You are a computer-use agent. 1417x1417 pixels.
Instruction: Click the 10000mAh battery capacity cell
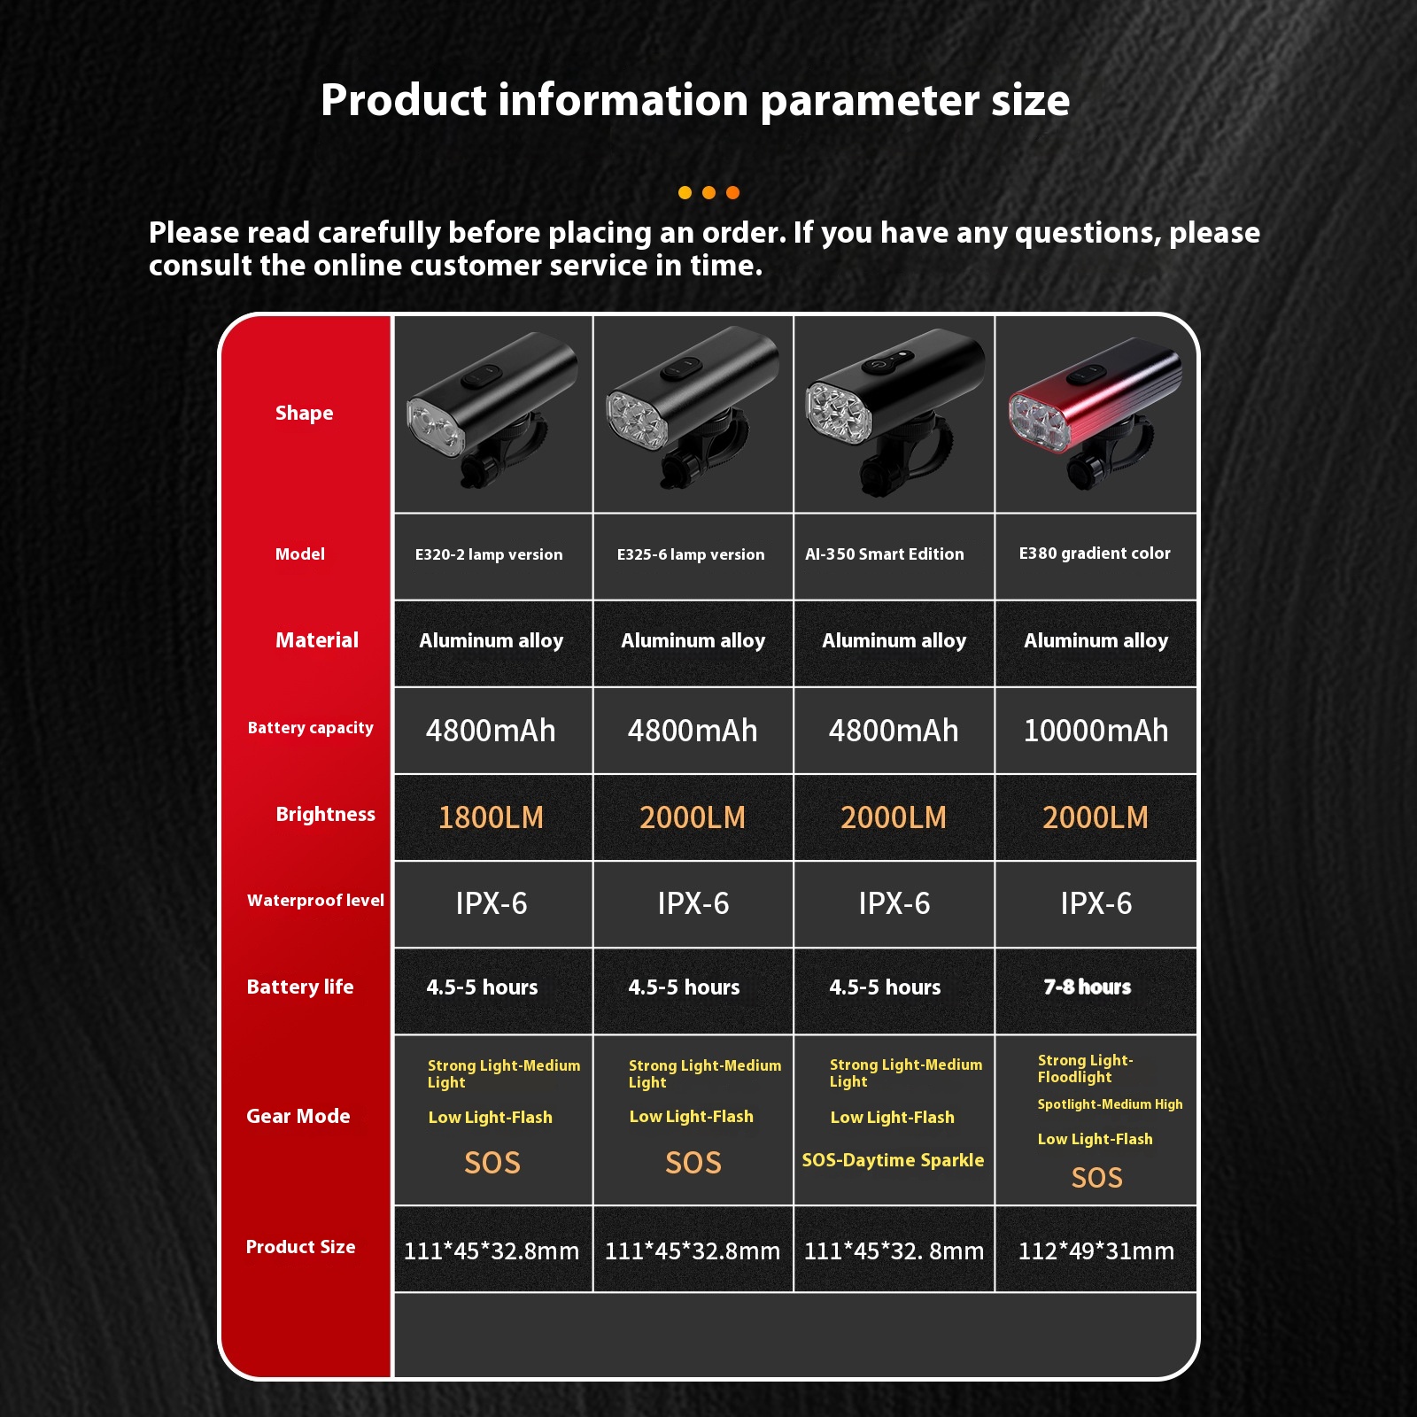[1096, 731]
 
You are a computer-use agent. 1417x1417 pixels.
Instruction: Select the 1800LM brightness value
[492, 817]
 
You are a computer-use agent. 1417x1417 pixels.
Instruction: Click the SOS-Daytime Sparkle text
[893, 1160]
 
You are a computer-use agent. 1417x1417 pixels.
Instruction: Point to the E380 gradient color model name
[1095, 554]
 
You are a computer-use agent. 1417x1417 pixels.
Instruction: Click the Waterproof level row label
[315, 901]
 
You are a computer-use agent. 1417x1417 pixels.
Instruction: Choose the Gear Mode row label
[298, 1116]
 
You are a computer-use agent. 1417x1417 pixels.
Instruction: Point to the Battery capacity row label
[311, 728]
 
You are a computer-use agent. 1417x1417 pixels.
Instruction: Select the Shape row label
[304, 413]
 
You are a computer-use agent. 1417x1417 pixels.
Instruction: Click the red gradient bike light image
[1095, 412]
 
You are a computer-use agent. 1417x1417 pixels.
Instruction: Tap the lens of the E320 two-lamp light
[435, 425]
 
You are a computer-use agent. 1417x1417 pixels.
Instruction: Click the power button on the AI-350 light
[877, 363]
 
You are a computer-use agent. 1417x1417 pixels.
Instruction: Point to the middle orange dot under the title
[708, 192]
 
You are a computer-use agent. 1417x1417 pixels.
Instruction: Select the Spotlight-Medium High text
[1110, 1104]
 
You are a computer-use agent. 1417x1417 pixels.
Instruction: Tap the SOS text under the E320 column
[492, 1162]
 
